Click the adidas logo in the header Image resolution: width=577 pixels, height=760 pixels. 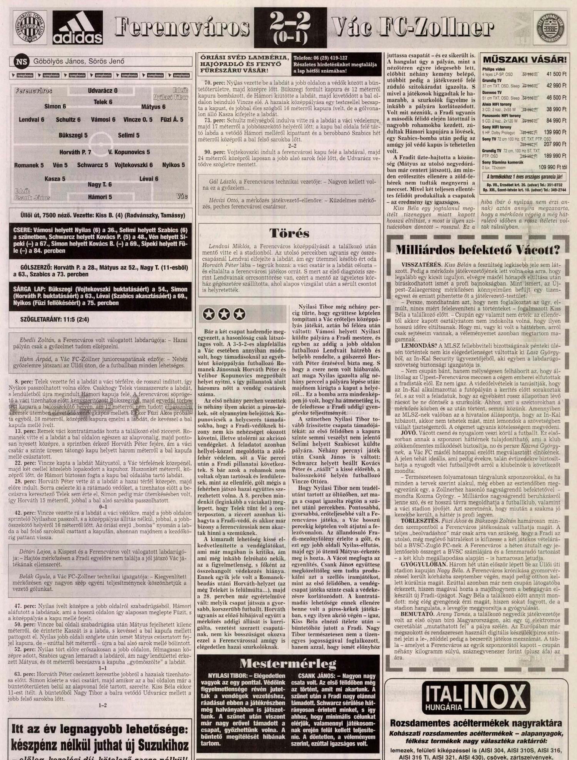[78, 28]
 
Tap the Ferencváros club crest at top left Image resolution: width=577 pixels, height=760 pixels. [30, 28]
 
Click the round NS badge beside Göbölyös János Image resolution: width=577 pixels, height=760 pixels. [22, 61]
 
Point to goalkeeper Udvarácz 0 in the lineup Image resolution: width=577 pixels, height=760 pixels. [103, 91]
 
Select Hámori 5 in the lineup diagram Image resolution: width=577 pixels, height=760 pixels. [100, 197]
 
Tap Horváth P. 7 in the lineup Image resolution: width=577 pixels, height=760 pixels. [75, 152]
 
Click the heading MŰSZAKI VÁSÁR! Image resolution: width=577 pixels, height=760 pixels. [524, 60]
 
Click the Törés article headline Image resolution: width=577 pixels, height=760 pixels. [289, 233]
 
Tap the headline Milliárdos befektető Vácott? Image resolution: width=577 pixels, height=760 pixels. [477, 250]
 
